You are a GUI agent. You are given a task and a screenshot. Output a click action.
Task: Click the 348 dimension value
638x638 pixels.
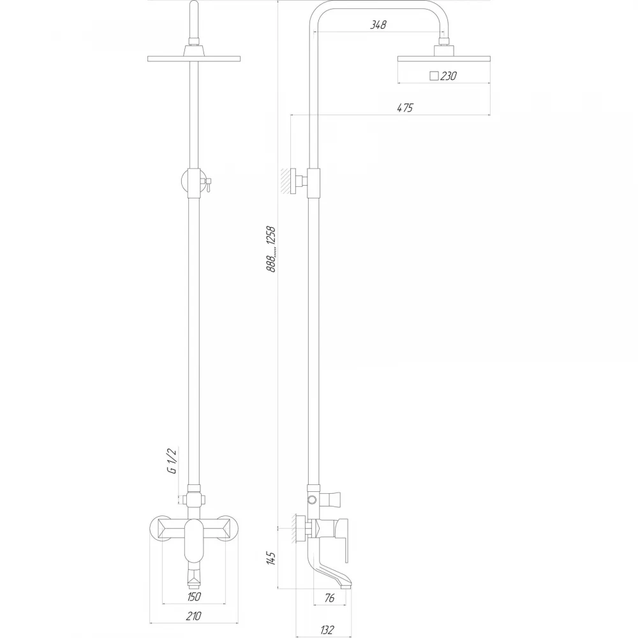click(x=378, y=25)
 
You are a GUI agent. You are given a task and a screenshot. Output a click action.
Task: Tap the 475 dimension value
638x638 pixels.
click(x=405, y=108)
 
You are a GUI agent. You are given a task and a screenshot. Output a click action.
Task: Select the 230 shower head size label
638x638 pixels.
click(x=449, y=76)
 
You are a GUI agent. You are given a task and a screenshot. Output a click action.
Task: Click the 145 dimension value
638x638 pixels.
click(x=271, y=558)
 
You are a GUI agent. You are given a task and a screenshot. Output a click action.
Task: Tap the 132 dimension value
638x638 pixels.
click(x=327, y=630)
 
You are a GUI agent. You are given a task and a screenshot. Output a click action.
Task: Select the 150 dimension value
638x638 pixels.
click(x=194, y=597)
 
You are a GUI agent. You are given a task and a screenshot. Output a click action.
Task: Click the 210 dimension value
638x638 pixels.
click(x=194, y=616)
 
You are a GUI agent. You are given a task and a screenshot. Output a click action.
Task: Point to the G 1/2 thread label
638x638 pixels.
click(x=172, y=460)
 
